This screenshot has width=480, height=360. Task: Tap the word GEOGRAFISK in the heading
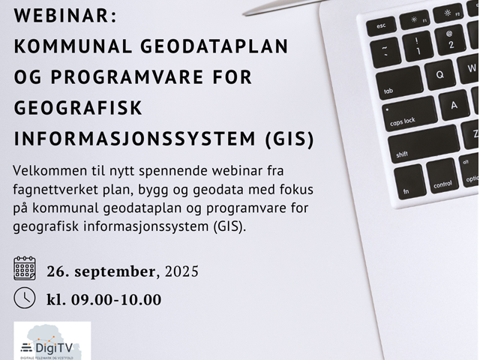tap(78, 108)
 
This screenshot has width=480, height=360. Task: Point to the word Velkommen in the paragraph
tap(47, 171)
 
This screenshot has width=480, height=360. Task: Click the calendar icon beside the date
tap(25, 268)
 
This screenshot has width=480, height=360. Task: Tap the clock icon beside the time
tap(25, 297)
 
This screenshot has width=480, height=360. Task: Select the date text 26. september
tap(101, 271)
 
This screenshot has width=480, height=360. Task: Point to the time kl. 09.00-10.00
tap(103, 299)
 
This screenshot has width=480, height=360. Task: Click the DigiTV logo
tap(52, 341)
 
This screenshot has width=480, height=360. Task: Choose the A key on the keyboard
tap(454, 104)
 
